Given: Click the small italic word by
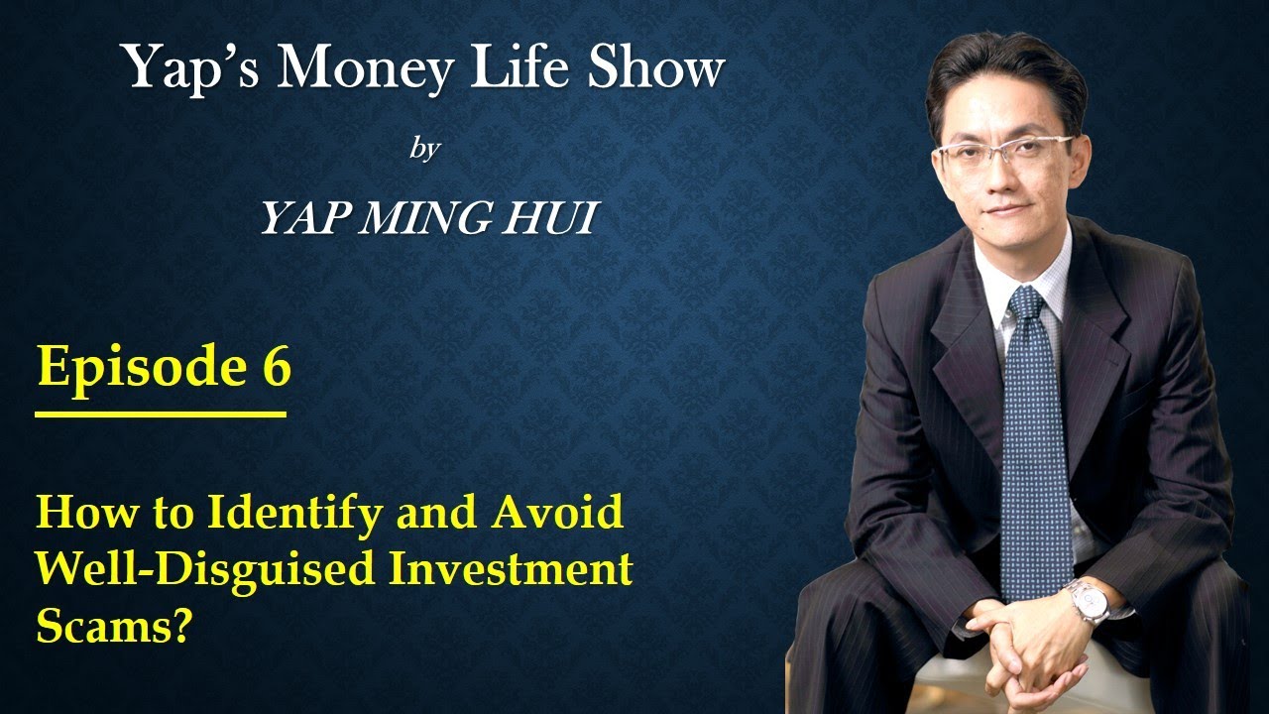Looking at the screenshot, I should click(424, 151).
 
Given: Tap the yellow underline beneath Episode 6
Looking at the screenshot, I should click(161, 414).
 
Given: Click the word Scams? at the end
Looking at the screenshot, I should click(113, 628).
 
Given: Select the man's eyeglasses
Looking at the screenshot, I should click(1004, 152).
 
